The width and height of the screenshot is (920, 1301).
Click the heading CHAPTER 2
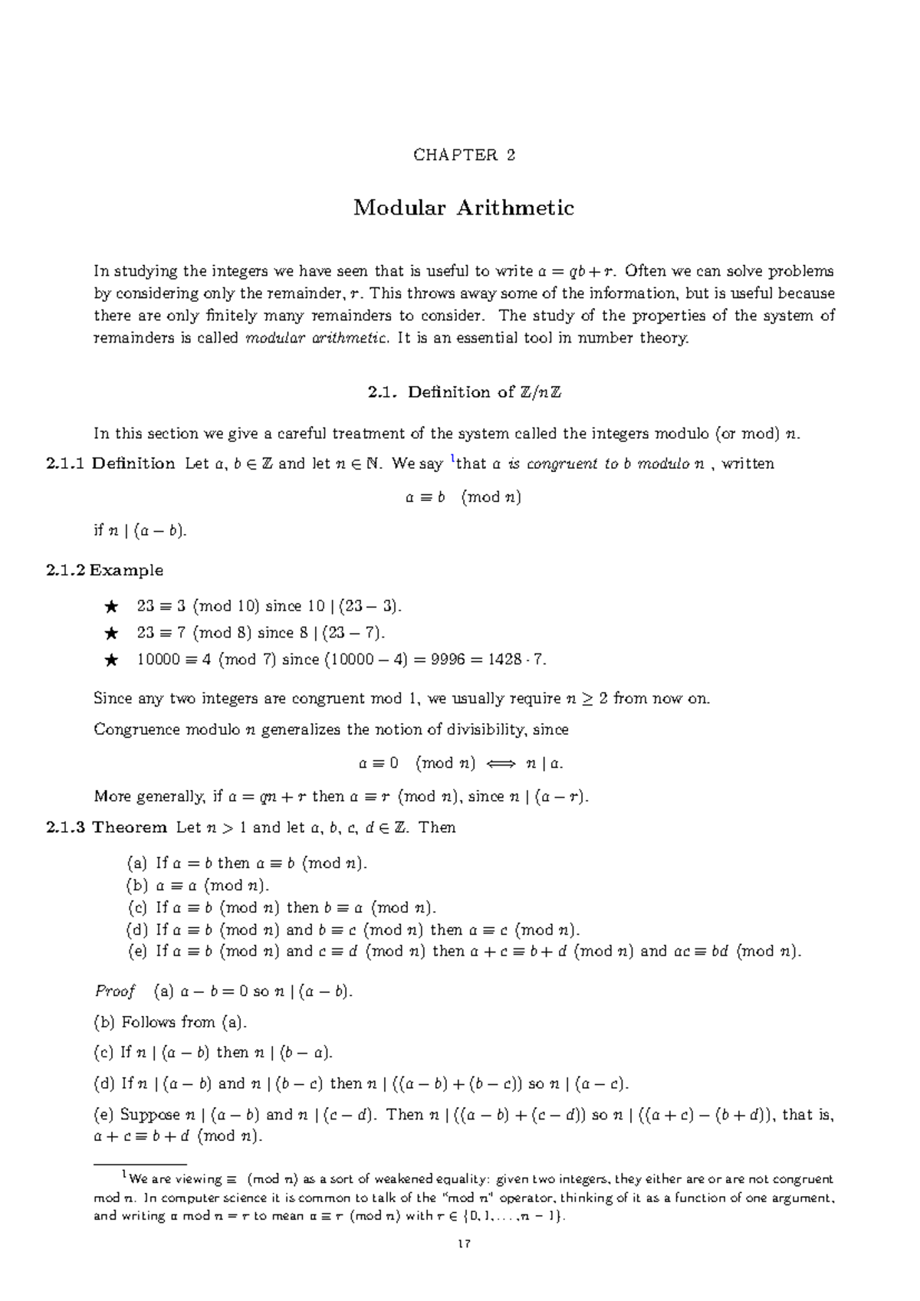point(464,156)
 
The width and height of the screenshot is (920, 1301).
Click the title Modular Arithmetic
point(464,208)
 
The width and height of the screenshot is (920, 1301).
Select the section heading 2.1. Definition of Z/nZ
point(464,392)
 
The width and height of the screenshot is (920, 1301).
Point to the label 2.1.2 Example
point(104,570)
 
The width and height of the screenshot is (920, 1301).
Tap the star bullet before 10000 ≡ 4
point(111,660)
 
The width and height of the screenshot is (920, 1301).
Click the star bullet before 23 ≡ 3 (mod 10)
point(111,607)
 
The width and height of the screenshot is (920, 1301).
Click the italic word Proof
point(114,991)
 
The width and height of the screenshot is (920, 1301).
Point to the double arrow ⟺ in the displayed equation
point(498,763)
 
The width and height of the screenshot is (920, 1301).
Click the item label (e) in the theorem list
point(137,952)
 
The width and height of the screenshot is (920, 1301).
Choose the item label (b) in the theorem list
point(136,886)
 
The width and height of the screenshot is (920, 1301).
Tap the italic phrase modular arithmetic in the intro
point(316,339)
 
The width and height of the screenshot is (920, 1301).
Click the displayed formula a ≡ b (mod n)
point(463,497)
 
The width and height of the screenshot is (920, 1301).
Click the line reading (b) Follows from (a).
point(170,1022)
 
